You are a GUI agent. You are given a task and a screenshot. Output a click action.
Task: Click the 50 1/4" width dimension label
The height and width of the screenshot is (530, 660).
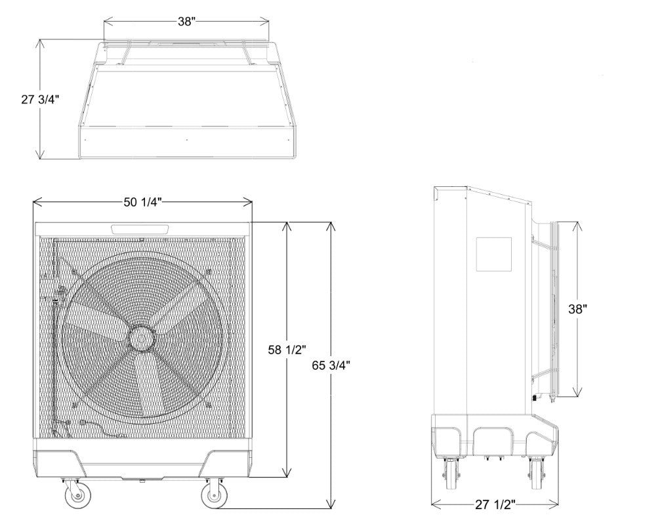click(x=142, y=202)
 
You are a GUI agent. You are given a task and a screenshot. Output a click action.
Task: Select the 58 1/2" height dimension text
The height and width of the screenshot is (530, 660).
click(x=287, y=350)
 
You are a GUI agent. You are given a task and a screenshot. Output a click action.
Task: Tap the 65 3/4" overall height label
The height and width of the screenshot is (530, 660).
click(x=331, y=365)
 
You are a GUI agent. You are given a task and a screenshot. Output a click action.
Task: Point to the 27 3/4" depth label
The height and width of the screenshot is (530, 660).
click(x=41, y=99)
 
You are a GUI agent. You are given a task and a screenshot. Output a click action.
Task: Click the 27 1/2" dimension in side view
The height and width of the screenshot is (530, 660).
click(x=495, y=504)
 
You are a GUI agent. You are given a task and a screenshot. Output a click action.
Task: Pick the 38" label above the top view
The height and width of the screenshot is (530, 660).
click(x=185, y=22)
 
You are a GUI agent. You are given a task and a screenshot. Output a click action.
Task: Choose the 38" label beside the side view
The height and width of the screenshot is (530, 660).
click(x=577, y=309)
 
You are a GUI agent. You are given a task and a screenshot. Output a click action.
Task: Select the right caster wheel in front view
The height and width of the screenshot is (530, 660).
click(x=215, y=495)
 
